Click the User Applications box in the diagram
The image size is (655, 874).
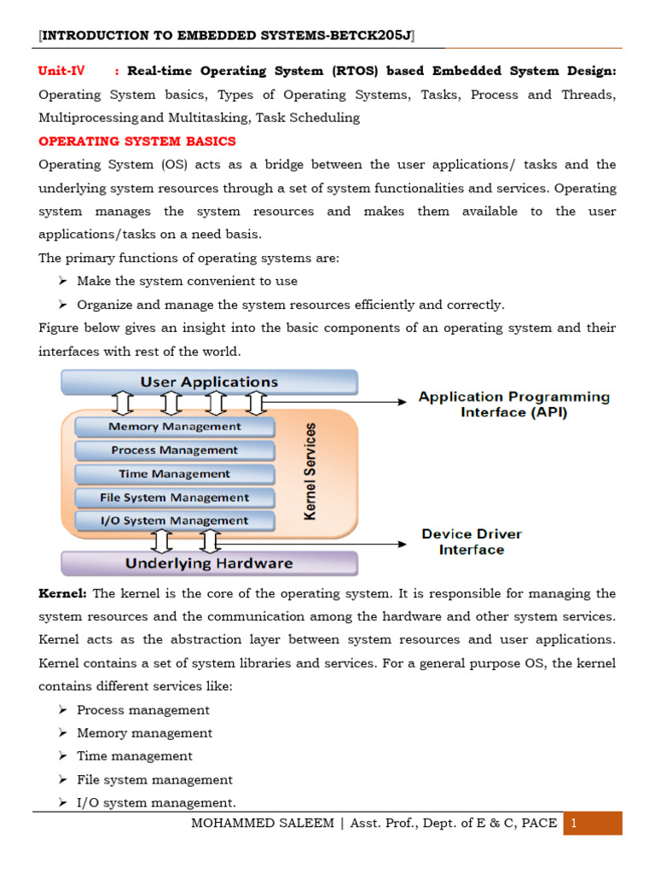point(209,382)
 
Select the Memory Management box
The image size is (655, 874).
point(175,427)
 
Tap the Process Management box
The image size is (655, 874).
point(175,450)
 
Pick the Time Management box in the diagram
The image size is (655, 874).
point(175,474)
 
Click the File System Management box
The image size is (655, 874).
point(175,498)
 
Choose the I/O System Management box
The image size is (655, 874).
point(175,521)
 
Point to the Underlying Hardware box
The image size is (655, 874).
point(209,563)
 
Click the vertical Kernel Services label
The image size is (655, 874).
point(310,471)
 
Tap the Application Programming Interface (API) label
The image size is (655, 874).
point(513,405)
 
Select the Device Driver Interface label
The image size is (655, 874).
point(472,542)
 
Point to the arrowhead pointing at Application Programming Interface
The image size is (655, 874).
point(403,400)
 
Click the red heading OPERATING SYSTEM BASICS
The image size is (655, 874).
point(136,141)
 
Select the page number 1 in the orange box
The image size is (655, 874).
point(575,824)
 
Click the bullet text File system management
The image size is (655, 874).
point(154,779)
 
